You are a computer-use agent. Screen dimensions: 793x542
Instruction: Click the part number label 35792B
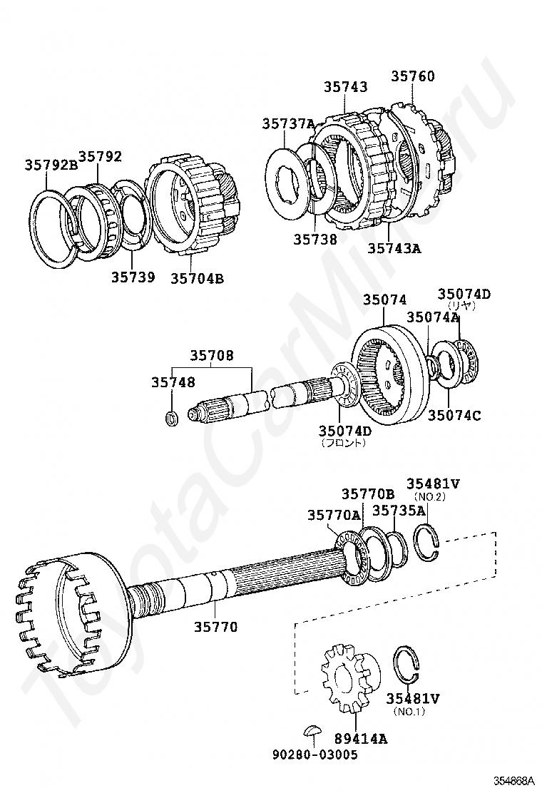(51, 164)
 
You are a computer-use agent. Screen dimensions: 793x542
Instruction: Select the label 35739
(132, 277)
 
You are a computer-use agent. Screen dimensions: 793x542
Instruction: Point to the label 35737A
(287, 123)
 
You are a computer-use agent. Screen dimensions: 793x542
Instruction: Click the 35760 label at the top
(412, 76)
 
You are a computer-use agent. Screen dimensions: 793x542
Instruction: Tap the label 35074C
(454, 414)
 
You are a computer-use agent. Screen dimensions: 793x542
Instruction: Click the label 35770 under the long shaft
(216, 627)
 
